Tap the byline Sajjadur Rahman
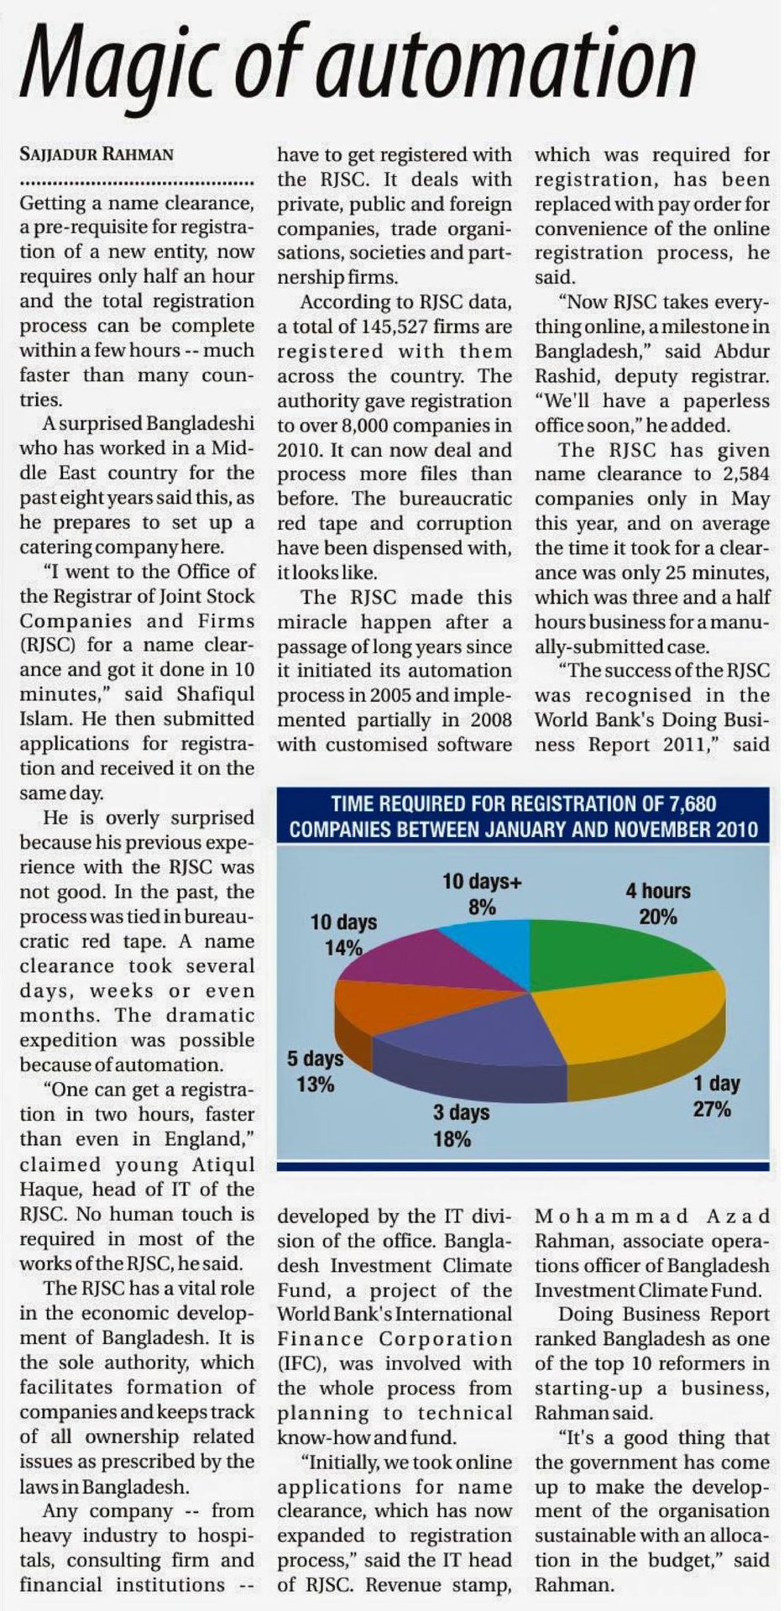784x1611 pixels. (97, 154)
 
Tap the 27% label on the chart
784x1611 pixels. (712, 1109)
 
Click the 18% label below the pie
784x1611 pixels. (452, 1139)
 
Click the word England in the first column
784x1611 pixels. (201, 1139)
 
